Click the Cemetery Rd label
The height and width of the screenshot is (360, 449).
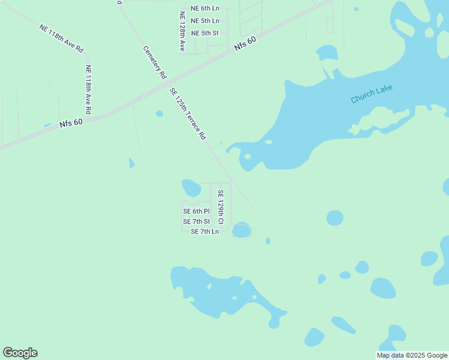154,63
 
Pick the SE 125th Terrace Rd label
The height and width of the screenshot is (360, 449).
188,114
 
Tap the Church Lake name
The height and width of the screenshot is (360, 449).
372,94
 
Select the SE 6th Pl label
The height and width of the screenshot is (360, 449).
196,211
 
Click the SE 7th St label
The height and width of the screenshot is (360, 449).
196,222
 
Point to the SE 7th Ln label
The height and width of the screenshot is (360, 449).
205,232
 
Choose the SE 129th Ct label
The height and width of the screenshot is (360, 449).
220,208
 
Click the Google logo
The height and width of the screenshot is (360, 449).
20,353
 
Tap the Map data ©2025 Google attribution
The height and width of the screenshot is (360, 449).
412,355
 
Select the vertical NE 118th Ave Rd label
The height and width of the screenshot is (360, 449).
88,89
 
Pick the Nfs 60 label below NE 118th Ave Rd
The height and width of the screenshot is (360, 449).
70,122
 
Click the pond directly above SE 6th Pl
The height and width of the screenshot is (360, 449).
191,188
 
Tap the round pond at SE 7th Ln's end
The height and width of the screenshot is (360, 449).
241,230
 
